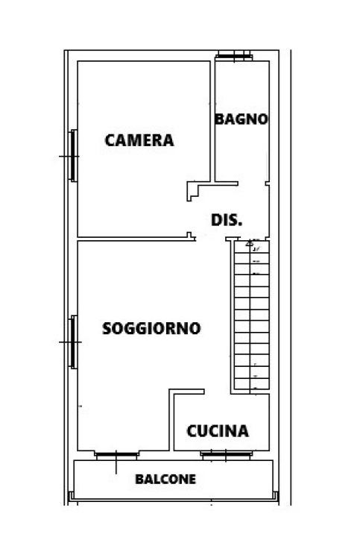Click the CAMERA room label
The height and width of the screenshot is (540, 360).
(x=139, y=140)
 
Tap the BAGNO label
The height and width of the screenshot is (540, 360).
(x=241, y=119)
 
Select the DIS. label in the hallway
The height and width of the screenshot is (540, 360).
(x=227, y=220)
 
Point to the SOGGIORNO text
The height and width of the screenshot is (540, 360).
(x=151, y=328)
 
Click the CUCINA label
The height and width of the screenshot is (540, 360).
(x=218, y=431)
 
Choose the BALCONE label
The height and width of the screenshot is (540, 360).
(x=165, y=479)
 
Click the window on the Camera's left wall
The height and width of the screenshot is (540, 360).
(x=73, y=156)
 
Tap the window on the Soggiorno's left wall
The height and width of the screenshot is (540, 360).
(x=73, y=342)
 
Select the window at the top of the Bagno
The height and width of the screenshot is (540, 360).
(x=234, y=56)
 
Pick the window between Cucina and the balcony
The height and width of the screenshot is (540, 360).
(x=226, y=455)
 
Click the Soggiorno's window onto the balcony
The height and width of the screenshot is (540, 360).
(x=117, y=456)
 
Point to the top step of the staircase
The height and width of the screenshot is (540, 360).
(x=252, y=247)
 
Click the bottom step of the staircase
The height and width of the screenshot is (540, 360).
(x=252, y=384)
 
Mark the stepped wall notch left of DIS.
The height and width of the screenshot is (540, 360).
(x=193, y=190)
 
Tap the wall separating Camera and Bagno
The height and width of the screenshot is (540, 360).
(x=212, y=122)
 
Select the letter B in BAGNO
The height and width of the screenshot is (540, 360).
(x=219, y=119)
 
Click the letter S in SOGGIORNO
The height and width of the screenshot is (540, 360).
(x=107, y=328)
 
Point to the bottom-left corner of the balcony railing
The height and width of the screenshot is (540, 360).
(x=70, y=499)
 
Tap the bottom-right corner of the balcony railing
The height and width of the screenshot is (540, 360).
(x=277, y=499)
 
